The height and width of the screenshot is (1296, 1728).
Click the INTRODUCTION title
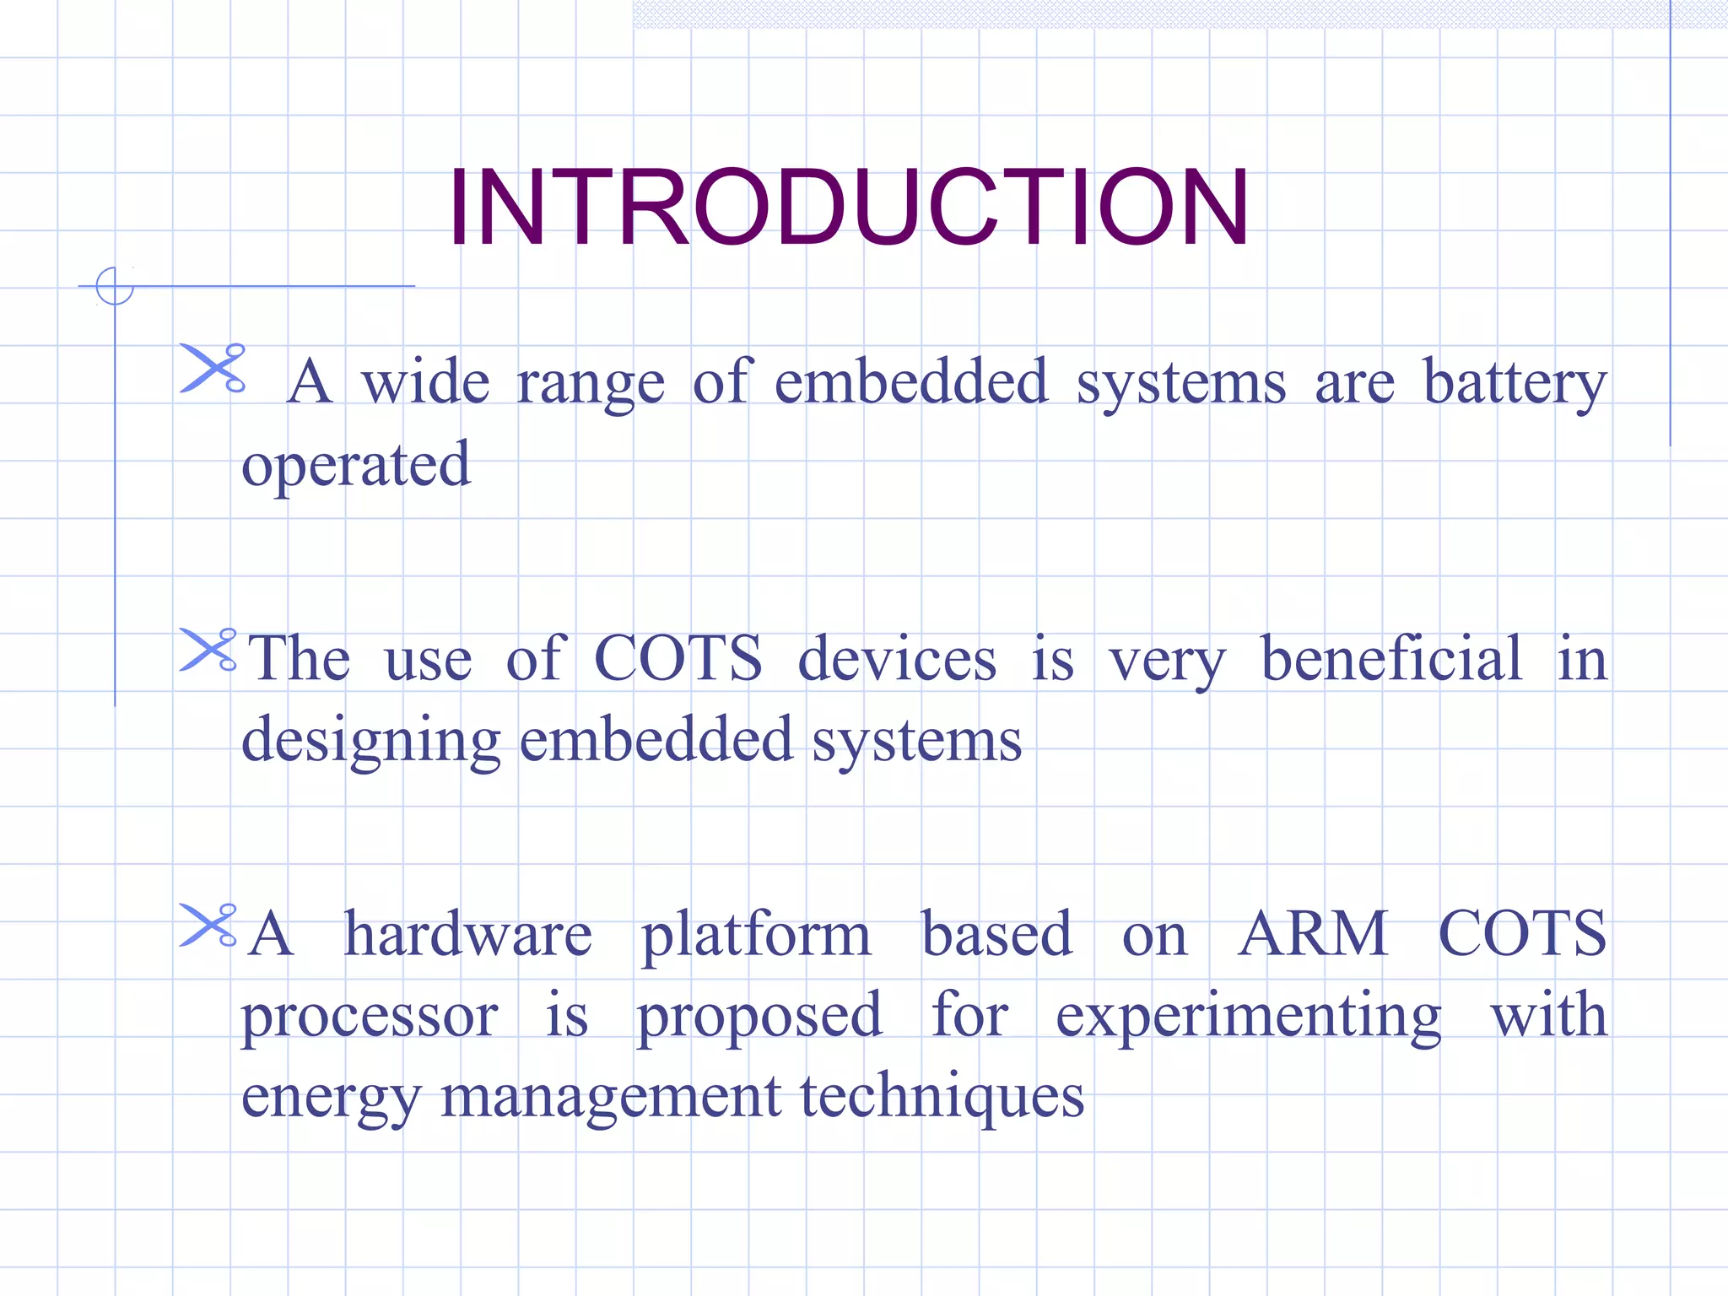[x=848, y=208]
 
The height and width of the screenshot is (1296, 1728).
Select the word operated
[x=355, y=465]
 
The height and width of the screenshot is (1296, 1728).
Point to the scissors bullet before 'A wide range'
[x=213, y=368]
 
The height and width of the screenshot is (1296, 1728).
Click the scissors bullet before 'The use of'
[x=208, y=650]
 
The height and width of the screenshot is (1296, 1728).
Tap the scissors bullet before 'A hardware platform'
[x=208, y=925]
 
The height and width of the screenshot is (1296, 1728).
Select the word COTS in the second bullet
[x=678, y=659]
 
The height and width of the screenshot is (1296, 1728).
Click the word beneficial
[x=1391, y=659]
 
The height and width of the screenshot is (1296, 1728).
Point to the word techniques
[x=942, y=1097]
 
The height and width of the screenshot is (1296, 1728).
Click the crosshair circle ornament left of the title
[x=115, y=286]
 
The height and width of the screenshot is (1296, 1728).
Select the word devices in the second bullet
[x=897, y=659]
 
